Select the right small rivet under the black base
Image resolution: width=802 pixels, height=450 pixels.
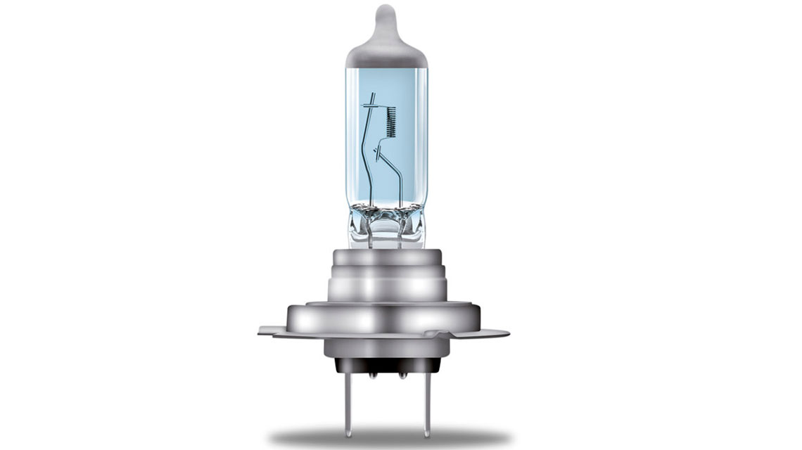(x=402, y=375)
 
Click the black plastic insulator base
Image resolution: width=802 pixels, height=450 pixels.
(x=387, y=365)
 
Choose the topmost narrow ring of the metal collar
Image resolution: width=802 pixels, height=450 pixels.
(x=386, y=257)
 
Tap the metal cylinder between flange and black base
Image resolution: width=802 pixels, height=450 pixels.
(x=386, y=347)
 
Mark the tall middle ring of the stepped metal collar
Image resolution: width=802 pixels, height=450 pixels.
(x=386, y=287)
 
